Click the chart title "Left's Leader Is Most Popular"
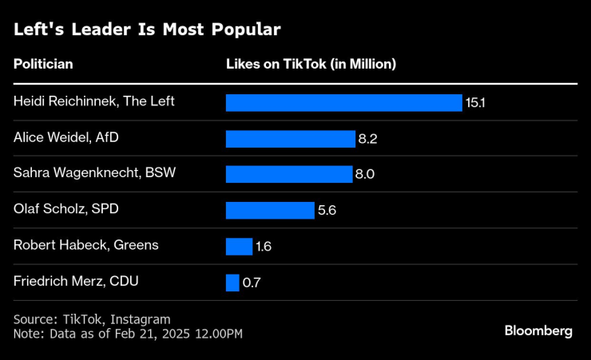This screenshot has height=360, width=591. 146,30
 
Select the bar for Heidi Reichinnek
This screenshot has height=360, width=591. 343,103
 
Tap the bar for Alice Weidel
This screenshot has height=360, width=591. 290,139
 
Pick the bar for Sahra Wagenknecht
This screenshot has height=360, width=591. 288,174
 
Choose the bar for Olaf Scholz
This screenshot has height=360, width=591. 270,210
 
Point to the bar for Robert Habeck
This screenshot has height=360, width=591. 239,246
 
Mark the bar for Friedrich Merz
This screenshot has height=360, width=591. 232,283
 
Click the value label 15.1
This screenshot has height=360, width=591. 475,103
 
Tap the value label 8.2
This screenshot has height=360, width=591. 367,139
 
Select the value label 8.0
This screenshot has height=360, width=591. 365,175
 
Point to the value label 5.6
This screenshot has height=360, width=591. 327,211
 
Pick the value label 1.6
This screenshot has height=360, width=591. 264,247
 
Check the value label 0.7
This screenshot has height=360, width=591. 251,283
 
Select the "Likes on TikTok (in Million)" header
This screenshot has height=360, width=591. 311,64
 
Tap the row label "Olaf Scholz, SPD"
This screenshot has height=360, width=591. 65,209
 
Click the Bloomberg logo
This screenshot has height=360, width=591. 538,331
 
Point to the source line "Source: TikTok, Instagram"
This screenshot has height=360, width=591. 92,319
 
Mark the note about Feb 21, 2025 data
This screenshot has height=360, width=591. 128,333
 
